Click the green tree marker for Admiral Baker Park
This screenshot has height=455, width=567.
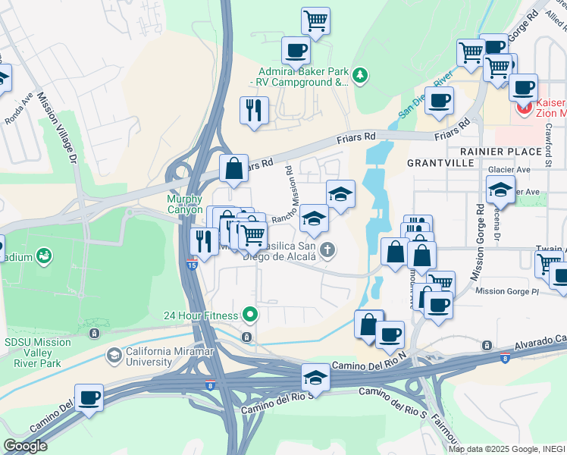(360, 74)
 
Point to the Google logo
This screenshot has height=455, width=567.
(25, 446)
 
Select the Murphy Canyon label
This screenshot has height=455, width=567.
(185, 204)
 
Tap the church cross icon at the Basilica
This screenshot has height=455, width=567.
(327, 249)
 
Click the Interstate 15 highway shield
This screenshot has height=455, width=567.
(192, 264)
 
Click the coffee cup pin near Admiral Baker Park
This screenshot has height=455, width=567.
(296, 51)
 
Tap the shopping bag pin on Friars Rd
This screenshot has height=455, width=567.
(233, 168)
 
